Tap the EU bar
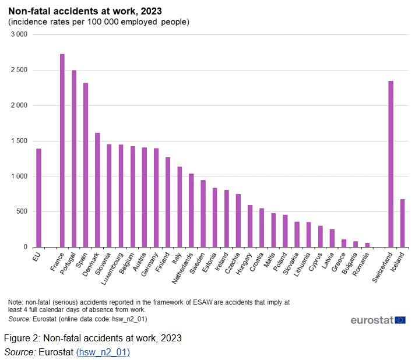tap(38, 197)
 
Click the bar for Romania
tap(367, 245)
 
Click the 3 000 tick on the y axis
tap(19, 35)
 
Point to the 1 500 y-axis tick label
tap(19, 141)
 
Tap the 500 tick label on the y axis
tap(22, 211)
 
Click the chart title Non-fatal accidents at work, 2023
tap(85, 10)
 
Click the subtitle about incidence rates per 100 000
tap(99, 22)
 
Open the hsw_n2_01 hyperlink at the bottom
tap(103, 352)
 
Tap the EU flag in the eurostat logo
tap(400, 320)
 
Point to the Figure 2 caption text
tap(93, 338)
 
